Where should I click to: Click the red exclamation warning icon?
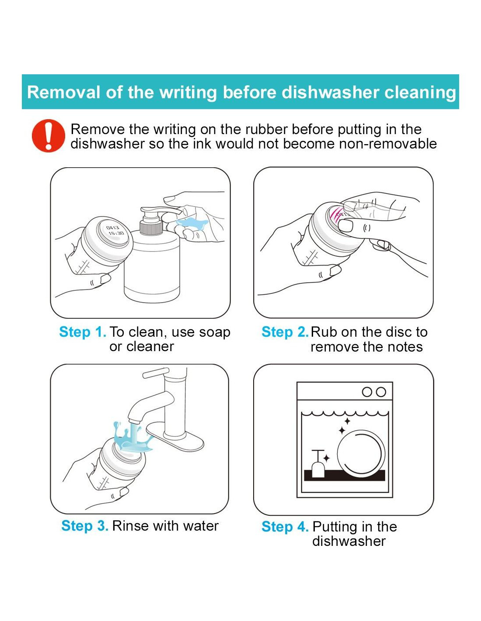click(x=49, y=135)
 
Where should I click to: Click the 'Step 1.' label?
click(x=83, y=332)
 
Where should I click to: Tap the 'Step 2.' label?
click(x=285, y=332)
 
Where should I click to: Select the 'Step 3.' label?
click(x=85, y=526)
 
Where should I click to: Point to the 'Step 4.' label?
click(x=285, y=527)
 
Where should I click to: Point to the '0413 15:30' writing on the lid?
click(x=115, y=231)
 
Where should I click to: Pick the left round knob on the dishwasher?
click(x=367, y=392)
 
